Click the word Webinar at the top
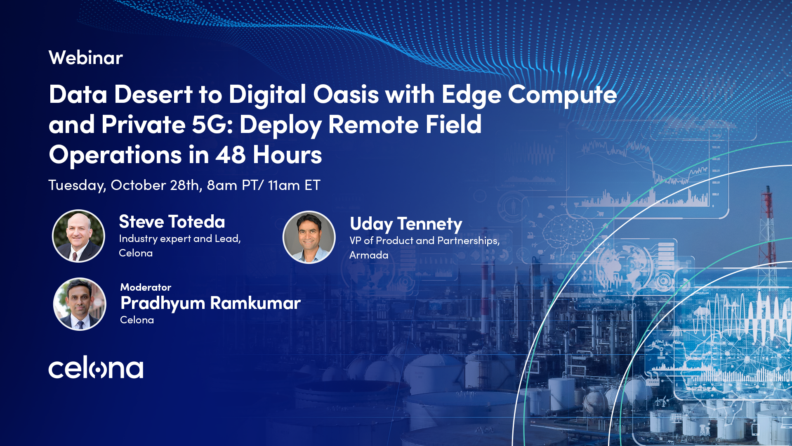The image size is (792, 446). point(86,58)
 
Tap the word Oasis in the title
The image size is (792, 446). point(346,94)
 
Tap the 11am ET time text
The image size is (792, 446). point(294,185)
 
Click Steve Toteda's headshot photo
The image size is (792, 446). point(78,236)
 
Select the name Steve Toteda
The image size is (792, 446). point(172,222)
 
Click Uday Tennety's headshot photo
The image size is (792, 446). point(309,237)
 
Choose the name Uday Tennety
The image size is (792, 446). point(406,224)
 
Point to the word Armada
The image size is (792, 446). point(369,255)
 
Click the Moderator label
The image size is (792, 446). point(146,287)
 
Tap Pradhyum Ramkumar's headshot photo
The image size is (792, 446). point(80,304)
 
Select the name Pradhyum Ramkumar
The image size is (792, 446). point(210,303)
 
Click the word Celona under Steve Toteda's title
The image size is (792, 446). point(136,253)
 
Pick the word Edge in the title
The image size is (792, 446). point(471,94)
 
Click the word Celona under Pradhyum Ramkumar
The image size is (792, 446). point(137,320)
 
